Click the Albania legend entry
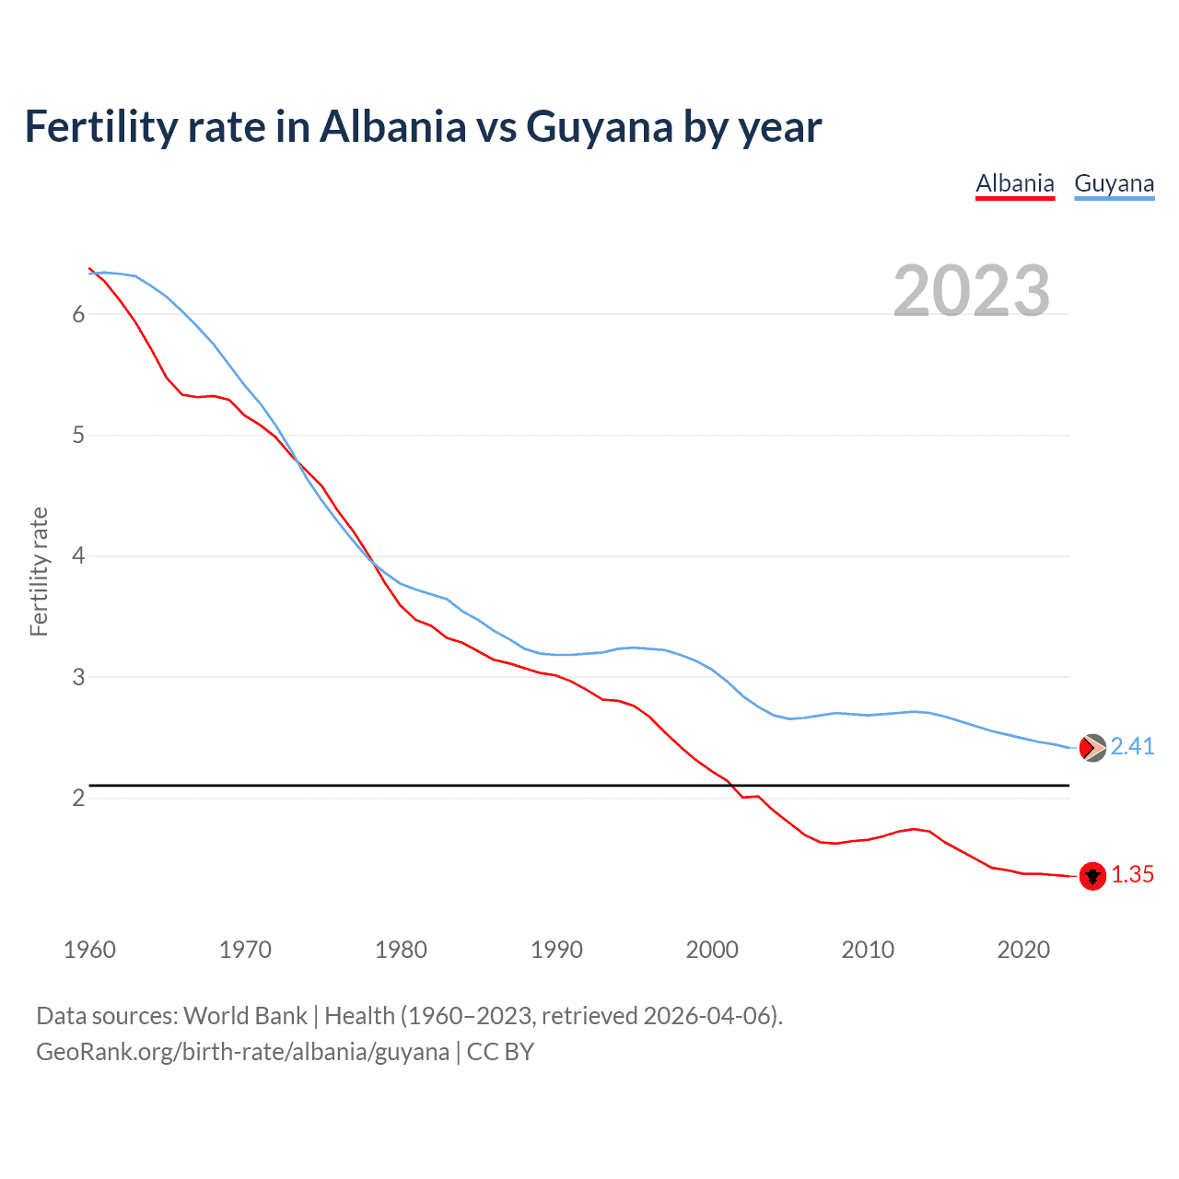tap(1014, 183)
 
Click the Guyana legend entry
tap(1114, 183)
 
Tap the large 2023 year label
tap(972, 291)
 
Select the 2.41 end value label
tap(1132, 747)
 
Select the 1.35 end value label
tap(1132, 875)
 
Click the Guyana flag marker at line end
tap(1092, 748)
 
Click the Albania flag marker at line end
tap(1092, 876)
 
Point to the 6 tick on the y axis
tap(78, 314)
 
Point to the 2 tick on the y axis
tap(78, 798)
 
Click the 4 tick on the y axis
tap(78, 556)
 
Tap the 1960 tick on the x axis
tap(89, 950)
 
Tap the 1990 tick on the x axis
tap(556, 950)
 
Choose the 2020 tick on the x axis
tap(1023, 950)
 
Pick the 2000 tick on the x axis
tap(712, 950)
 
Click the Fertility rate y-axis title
tap(39, 571)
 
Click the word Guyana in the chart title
tap(600, 127)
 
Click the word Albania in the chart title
tap(393, 127)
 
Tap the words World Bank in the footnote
tap(245, 1016)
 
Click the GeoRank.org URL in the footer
tap(242, 1052)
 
